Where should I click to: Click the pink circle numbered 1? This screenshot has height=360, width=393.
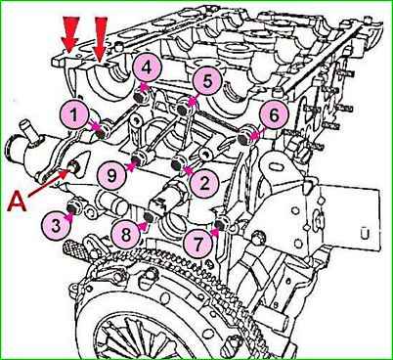pos(74,114)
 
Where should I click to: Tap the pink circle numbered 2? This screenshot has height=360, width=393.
pos(204,183)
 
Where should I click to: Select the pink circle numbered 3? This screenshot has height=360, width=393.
pos(56,226)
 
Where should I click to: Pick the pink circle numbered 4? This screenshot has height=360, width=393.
pos(147,69)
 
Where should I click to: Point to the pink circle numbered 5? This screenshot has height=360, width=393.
pos(206,81)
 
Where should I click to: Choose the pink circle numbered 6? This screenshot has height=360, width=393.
pos(274,114)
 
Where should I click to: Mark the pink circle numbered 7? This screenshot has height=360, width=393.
pos(197,243)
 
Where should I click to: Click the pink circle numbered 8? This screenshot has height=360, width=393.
pos(125,234)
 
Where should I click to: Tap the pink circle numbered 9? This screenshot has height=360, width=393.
pos(112,176)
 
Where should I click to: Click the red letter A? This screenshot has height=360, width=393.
pos(18,202)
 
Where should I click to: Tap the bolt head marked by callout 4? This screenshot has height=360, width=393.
pos(140,97)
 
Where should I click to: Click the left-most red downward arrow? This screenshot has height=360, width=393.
pos(70,34)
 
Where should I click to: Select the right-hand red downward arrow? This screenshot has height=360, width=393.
pos(100,39)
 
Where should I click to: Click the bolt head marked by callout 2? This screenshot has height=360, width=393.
pos(177,164)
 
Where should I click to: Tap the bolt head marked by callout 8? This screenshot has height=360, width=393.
pos(150,216)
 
